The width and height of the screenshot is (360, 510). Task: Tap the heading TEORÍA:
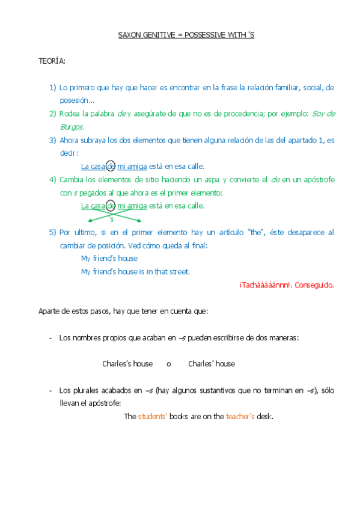[52, 61]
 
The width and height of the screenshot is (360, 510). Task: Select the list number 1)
[53, 88]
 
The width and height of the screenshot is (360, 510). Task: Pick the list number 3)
[53, 140]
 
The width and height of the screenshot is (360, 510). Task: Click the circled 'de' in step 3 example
[111, 167]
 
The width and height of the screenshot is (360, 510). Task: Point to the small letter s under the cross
[111, 219]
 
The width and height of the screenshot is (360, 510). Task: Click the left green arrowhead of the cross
[84, 221]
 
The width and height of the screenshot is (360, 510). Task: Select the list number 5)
[53, 232]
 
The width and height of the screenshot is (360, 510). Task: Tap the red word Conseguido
[316, 285]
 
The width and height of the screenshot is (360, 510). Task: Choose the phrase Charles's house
[127, 364]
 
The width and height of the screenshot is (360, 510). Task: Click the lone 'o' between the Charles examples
[169, 364]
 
